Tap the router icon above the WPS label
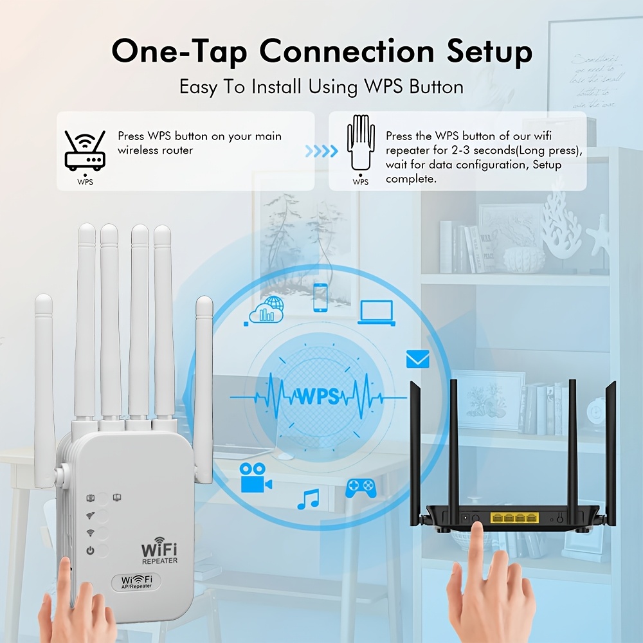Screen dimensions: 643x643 click(85, 150)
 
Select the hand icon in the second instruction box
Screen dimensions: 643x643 click(361, 143)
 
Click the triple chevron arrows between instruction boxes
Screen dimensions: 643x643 click(321, 151)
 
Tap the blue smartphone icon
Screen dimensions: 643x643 click(320, 297)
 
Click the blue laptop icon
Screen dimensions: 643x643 click(376, 311)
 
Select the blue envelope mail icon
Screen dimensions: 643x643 click(417, 359)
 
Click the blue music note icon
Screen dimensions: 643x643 click(309, 499)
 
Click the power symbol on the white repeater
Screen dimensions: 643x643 click(91, 550)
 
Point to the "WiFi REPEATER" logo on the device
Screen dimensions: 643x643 click(159, 553)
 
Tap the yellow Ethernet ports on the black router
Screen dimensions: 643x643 click(514, 517)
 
